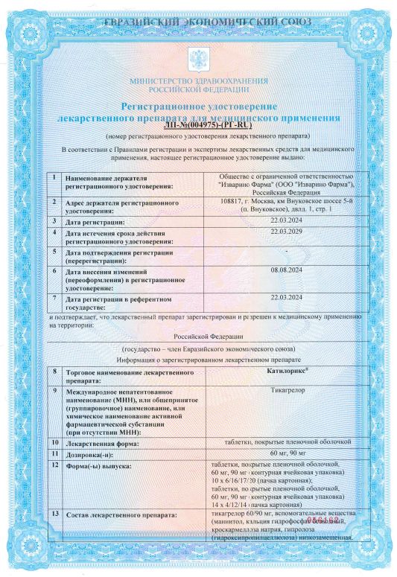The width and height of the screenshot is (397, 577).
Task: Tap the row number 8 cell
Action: (54, 370)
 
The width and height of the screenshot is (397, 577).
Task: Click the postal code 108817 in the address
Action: (235, 200)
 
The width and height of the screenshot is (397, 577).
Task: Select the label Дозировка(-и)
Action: (92, 453)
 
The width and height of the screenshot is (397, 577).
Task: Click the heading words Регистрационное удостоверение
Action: (198, 109)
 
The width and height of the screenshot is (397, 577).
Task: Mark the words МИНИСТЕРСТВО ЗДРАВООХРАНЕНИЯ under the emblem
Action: (198, 79)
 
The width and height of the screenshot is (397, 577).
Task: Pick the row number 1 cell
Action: (54, 178)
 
